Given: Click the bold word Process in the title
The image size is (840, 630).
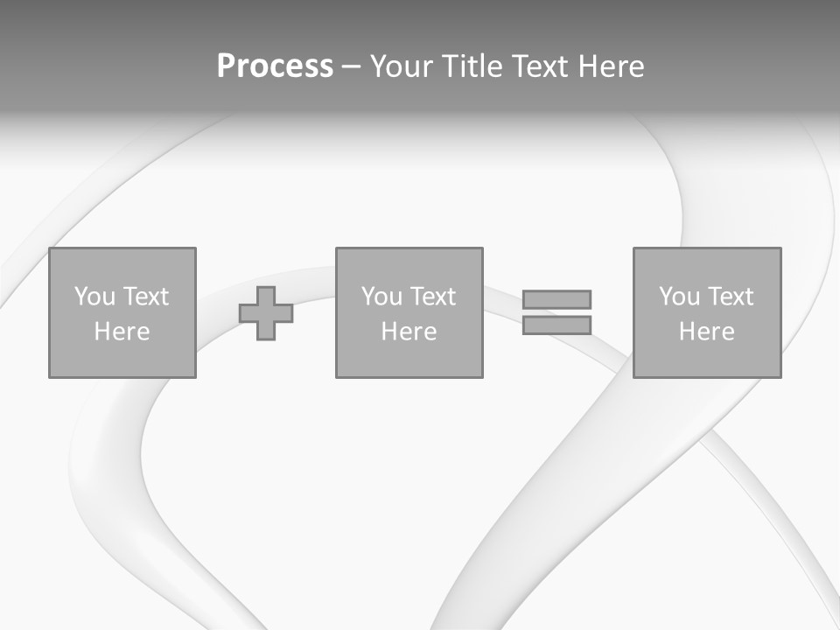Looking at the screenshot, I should (x=275, y=66).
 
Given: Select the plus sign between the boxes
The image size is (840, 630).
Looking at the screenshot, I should (x=266, y=312).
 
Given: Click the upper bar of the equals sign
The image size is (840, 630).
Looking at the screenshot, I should (x=556, y=299).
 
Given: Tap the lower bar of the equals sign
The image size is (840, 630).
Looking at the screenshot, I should (x=556, y=325).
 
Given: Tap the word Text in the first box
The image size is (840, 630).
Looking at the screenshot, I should (x=145, y=297).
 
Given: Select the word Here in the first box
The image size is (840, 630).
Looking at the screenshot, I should (x=122, y=332).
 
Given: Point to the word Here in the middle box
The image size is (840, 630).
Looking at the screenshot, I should (x=409, y=332).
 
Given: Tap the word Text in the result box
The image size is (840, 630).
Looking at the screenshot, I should (x=730, y=297).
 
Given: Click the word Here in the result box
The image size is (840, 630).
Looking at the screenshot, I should (x=707, y=332).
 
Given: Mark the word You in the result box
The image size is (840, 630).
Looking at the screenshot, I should (x=679, y=297).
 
